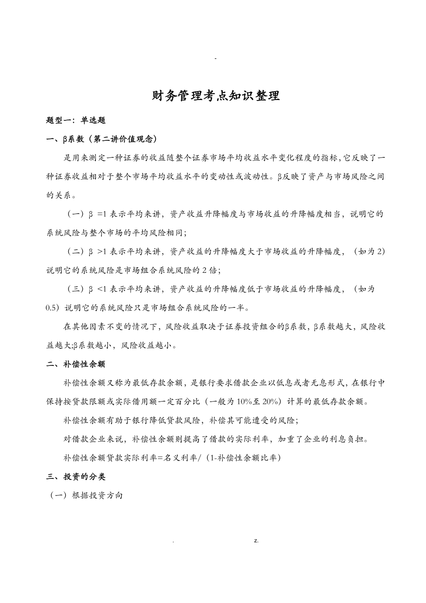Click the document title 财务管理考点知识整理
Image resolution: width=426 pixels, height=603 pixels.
[x=216, y=96]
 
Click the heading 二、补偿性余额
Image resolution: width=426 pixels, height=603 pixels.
[x=76, y=364]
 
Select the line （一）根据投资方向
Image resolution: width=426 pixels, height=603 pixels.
[x=87, y=495]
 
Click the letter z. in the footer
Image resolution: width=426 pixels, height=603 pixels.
[x=256, y=540]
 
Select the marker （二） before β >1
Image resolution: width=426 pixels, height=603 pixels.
[x=75, y=251]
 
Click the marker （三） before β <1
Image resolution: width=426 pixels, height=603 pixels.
[x=75, y=289]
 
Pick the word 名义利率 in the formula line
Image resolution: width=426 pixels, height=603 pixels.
[x=174, y=458]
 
